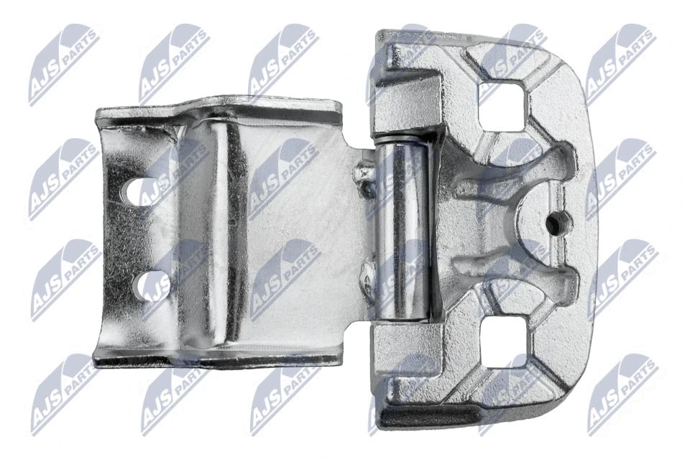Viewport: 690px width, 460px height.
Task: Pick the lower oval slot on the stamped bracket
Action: pos(152,285)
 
